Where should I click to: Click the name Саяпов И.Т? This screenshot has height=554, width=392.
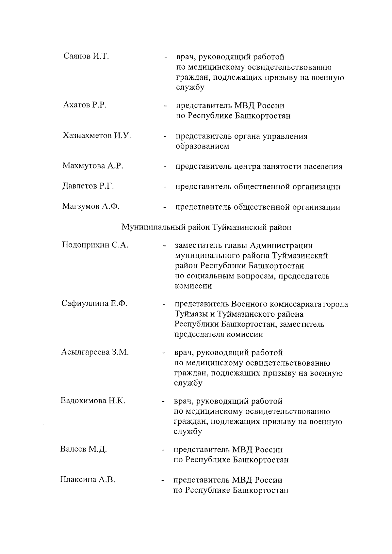(86, 56)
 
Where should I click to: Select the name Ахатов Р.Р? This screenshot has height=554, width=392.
(85, 105)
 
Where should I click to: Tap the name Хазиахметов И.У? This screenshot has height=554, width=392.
(97, 135)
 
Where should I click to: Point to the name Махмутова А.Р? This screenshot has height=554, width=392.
(93, 166)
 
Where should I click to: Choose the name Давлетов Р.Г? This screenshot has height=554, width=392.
(88, 186)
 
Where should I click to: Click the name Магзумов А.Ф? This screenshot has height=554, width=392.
(91, 206)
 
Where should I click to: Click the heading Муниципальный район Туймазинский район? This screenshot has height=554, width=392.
(206, 227)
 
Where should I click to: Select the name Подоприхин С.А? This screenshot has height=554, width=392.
(95, 245)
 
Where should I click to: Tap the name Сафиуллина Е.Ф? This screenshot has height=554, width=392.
(94, 303)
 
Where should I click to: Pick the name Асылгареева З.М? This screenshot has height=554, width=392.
(95, 352)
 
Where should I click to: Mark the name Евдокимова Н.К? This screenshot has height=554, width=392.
(93, 401)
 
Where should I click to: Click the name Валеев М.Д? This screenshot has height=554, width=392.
(84, 449)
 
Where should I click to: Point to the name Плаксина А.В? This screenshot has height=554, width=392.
(88, 480)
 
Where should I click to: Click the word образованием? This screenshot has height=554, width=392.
(203, 146)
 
